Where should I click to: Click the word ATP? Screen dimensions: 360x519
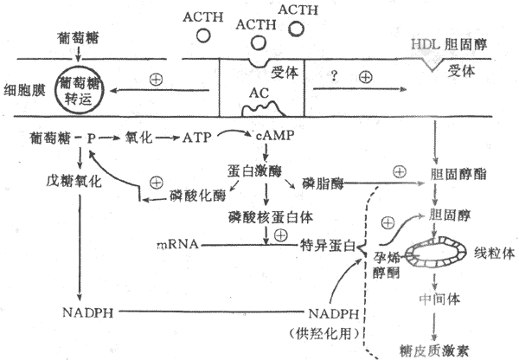click(199, 138)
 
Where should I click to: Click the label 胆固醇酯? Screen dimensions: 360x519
click(457, 173)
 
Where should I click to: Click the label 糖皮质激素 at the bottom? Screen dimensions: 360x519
click(435, 349)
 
